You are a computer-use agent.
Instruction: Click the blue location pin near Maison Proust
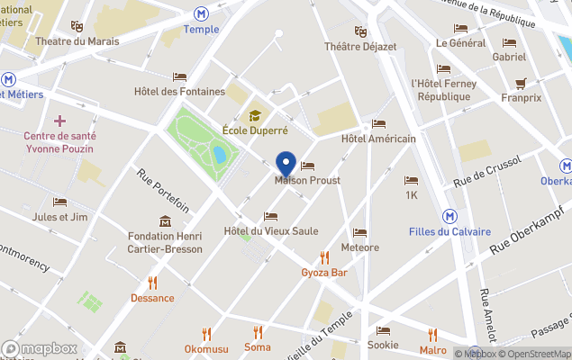286,164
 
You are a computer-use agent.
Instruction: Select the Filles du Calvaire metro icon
449,216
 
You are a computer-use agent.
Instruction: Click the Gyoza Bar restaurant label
324,272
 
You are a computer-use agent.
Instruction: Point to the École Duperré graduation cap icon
255,115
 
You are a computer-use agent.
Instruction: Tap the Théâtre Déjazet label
360,46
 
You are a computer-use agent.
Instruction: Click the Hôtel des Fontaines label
179,91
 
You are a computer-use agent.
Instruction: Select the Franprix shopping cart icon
521,84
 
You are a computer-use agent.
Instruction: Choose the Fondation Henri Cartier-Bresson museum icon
165,221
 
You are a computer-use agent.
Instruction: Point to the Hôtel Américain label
378,139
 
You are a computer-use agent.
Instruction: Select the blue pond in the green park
219,155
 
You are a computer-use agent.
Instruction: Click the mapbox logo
41,348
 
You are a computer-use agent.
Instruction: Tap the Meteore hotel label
360,247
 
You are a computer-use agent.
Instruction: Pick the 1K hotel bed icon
412,181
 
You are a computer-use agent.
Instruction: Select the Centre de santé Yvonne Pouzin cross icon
60,121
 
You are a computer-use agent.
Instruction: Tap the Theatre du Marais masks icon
77,27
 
